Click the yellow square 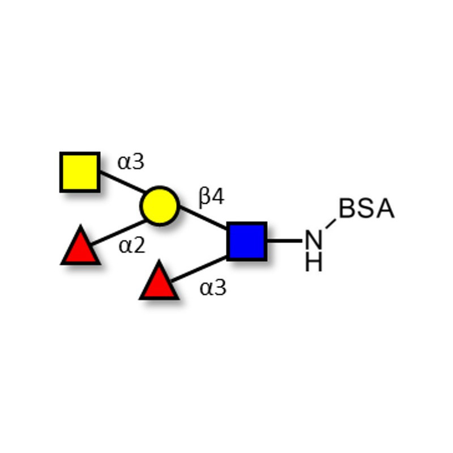pos(80,172)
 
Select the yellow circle pos(160,206)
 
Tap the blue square pos(247,242)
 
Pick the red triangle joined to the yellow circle pos(80,246)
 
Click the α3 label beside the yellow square pos(131,162)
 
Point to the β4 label pos(211,197)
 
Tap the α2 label pos(132,246)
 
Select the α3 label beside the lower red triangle pos(213,288)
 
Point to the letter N pos(314,240)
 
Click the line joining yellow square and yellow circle pos(122,182)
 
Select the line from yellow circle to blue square pos(203,218)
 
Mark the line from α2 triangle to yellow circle pos(118,233)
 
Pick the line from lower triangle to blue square pos(199,268)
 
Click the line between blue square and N pos(284,240)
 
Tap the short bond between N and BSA pos(331,224)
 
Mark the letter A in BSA pos(386,208)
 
